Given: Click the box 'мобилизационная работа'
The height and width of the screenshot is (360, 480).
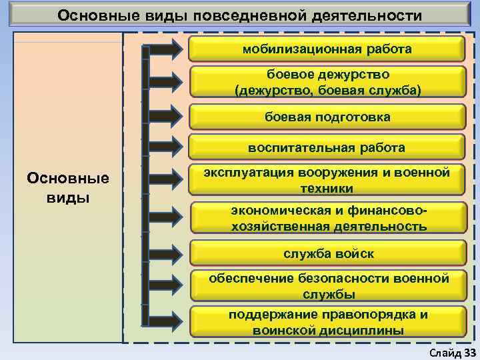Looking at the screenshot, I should pos(327,49).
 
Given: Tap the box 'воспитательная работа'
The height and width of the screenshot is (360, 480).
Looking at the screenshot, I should pos(327,147).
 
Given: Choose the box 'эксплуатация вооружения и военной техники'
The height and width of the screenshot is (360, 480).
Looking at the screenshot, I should pos(327,181).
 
